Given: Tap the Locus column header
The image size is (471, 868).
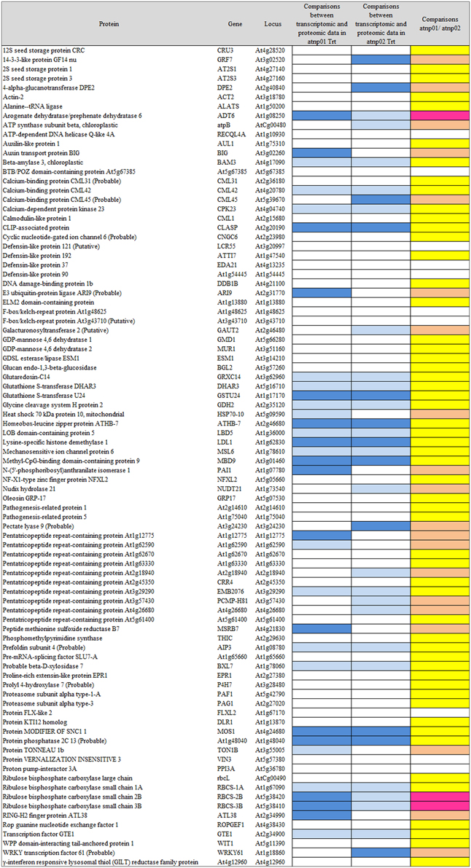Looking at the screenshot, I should click(273, 24).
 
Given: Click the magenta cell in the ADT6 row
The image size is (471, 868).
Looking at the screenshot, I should click(440, 115).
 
